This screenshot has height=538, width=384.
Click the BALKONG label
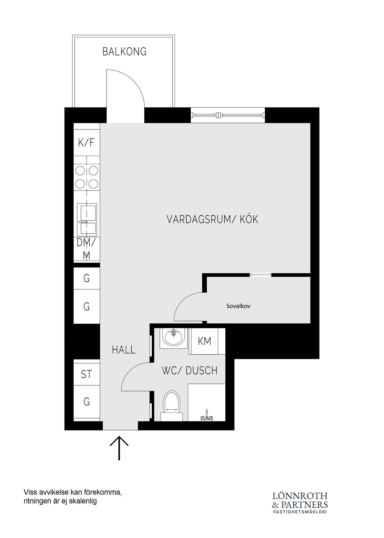tap(124, 52)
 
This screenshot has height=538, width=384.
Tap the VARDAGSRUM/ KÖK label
tap(212, 219)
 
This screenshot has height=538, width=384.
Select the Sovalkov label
tap(238, 306)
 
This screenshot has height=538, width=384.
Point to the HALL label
tap(124, 349)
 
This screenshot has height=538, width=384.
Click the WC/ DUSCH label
tap(189, 370)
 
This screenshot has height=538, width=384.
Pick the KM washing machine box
tap(204, 341)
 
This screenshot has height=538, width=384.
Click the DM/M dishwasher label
tap(86, 249)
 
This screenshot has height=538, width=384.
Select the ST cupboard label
tap(86, 374)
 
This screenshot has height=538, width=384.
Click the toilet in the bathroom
tap(172, 405)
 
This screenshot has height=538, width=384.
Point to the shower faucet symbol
tap(206, 416)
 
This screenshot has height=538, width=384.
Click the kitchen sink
tap(87, 220)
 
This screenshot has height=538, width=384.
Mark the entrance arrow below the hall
tap(119, 448)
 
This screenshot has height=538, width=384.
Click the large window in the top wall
tap(228, 115)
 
